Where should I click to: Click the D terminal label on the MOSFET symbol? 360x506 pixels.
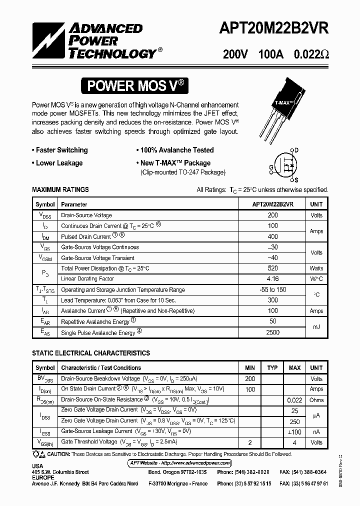click(296, 150)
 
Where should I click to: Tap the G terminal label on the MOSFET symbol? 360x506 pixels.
click(271, 166)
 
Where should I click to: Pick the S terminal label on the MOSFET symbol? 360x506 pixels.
click(296, 180)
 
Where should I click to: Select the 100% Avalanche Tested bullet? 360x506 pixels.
click(174, 150)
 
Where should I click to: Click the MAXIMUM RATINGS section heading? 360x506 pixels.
click(60, 190)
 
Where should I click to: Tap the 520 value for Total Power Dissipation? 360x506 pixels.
click(272, 268)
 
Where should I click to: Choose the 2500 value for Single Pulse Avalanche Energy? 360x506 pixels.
click(272, 332)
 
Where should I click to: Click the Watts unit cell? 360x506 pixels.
click(316, 268)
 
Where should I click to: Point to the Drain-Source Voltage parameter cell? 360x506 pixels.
click(86, 215)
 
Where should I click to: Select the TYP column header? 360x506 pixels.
click(272, 368)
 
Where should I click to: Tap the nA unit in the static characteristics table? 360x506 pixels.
click(316, 431)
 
